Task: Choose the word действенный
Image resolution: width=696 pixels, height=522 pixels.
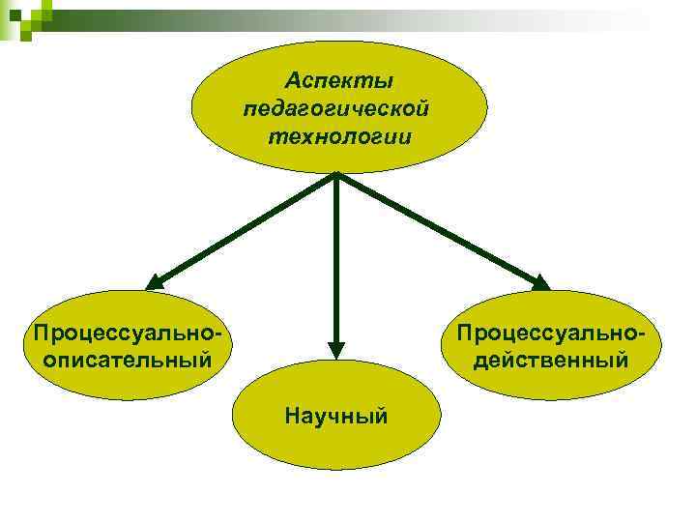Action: click(551, 360)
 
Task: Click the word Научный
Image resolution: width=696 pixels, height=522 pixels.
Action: click(336, 416)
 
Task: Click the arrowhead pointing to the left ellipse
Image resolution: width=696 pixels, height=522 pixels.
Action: click(156, 282)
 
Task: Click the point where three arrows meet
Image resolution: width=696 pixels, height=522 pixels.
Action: click(335, 176)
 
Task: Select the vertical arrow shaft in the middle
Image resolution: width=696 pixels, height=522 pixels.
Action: click(335, 261)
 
